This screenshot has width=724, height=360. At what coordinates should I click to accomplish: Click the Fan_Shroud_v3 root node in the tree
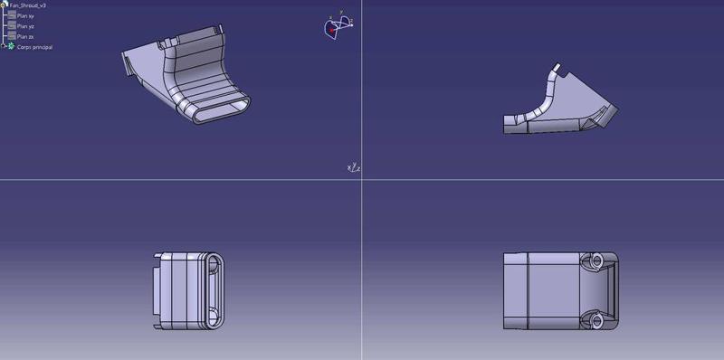tap(27, 5)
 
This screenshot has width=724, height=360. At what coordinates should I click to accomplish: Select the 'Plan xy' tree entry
tap(25, 15)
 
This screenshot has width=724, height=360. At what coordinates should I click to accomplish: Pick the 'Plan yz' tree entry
tap(25, 26)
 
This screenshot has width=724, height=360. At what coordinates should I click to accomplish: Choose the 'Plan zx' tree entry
tap(25, 36)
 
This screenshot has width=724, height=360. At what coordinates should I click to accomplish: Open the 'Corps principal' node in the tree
tap(34, 47)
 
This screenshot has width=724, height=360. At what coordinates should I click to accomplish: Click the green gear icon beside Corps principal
tap(11, 46)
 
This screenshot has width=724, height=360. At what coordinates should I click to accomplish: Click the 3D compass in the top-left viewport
tap(336, 27)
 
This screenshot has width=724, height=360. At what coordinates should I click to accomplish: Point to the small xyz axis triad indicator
tap(354, 167)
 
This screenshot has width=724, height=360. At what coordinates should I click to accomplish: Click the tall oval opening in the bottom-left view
tap(214, 290)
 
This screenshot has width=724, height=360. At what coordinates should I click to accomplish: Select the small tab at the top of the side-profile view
tap(557, 67)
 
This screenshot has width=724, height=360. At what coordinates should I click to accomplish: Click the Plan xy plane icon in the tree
tap(11, 15)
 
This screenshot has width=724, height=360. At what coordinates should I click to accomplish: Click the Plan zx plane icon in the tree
tap(11, 36)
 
